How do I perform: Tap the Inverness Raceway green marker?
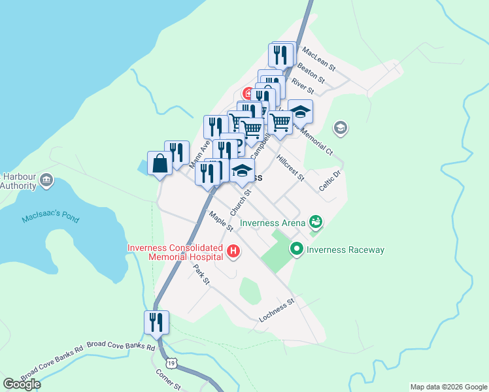click(x=297, y=249)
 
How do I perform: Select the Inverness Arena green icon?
click(x=316, y=223)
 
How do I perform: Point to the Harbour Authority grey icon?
click(x=46, y=180)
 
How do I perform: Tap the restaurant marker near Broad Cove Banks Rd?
click(x=157, y=322)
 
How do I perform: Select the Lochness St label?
click(x=277, y=310)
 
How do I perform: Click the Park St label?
click(x=201, y=274)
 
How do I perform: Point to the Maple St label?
click(x=221, y=221)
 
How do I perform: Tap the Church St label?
click(x=241, y=202)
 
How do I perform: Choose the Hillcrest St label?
click(x=290, y=168)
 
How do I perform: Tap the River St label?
click(x=303, y=85)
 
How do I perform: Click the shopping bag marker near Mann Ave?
click(x=160, y=163)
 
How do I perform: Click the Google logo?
click(x=22, y=384)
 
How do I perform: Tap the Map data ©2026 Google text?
click(x=448, y=387)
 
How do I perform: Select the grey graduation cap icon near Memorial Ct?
click(x=340, y=128)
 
